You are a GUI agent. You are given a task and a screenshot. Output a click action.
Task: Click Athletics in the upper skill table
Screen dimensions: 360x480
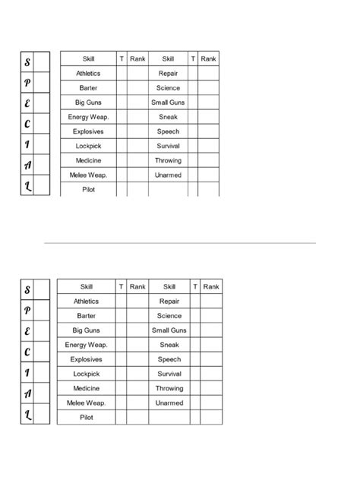tap(87, 74)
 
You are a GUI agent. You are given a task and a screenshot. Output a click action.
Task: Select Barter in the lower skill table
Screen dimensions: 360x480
tap(86, 316)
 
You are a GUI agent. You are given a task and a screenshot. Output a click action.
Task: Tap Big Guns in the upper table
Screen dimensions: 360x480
tap(87, 103)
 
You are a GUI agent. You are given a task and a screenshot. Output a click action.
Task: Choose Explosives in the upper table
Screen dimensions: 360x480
tap(87, 131)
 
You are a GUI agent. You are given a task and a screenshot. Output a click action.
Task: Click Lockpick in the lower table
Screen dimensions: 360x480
tap(86, 374)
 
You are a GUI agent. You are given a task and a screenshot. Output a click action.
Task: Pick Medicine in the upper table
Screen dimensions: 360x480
tap(87, 160)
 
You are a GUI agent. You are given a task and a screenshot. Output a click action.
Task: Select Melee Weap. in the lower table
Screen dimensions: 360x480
tap(86, 403)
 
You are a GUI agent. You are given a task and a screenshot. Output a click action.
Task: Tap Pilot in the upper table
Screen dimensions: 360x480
tap(87, 189)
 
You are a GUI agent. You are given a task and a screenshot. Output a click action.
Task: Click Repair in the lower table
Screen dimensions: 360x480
tap(169, 302)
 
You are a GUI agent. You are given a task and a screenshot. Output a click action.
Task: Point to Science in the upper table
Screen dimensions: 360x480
tap(168, 88)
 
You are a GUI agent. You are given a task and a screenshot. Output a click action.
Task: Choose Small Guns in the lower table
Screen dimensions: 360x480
tap(169, 330)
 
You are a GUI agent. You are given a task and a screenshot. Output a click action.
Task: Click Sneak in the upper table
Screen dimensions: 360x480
tap(168, 117)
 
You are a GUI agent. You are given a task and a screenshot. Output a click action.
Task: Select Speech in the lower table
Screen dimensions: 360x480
tap(169, 359)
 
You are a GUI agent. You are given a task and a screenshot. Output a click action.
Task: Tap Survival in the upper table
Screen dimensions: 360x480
tap(168, 146)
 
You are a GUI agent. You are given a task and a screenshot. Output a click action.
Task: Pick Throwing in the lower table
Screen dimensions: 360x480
tap(169, 388)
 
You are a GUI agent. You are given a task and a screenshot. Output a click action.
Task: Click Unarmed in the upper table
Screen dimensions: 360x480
tap(168, 175)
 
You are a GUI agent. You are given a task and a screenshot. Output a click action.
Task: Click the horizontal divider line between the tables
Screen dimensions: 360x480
tap(180, 244)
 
